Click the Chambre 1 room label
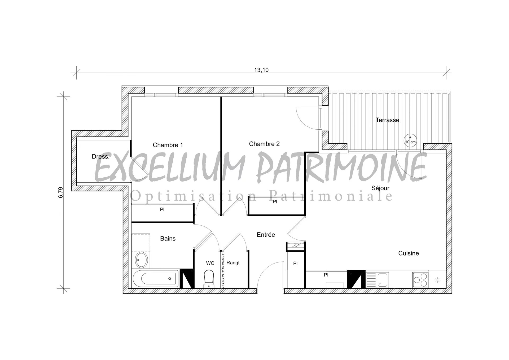pos(168,145)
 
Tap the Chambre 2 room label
pos(264,144)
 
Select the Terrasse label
pos(387,120)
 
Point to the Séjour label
pos(380,188)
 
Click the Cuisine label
pos(409,253)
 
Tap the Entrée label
pos(266,235)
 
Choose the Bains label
pos(168,239)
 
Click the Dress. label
pos(100,157)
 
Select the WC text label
pos(210,263)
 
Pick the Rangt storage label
pos(233,263)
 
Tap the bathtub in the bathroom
pos(156,279)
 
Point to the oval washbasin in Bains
pos(142,260)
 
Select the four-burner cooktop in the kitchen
pos(420,280)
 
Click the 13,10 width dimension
pos(261,70)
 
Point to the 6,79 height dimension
pos(61,192)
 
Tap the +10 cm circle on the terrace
pos(410,140)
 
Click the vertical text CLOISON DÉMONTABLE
pos(223,270)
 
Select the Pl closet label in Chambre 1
pos(162,209)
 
